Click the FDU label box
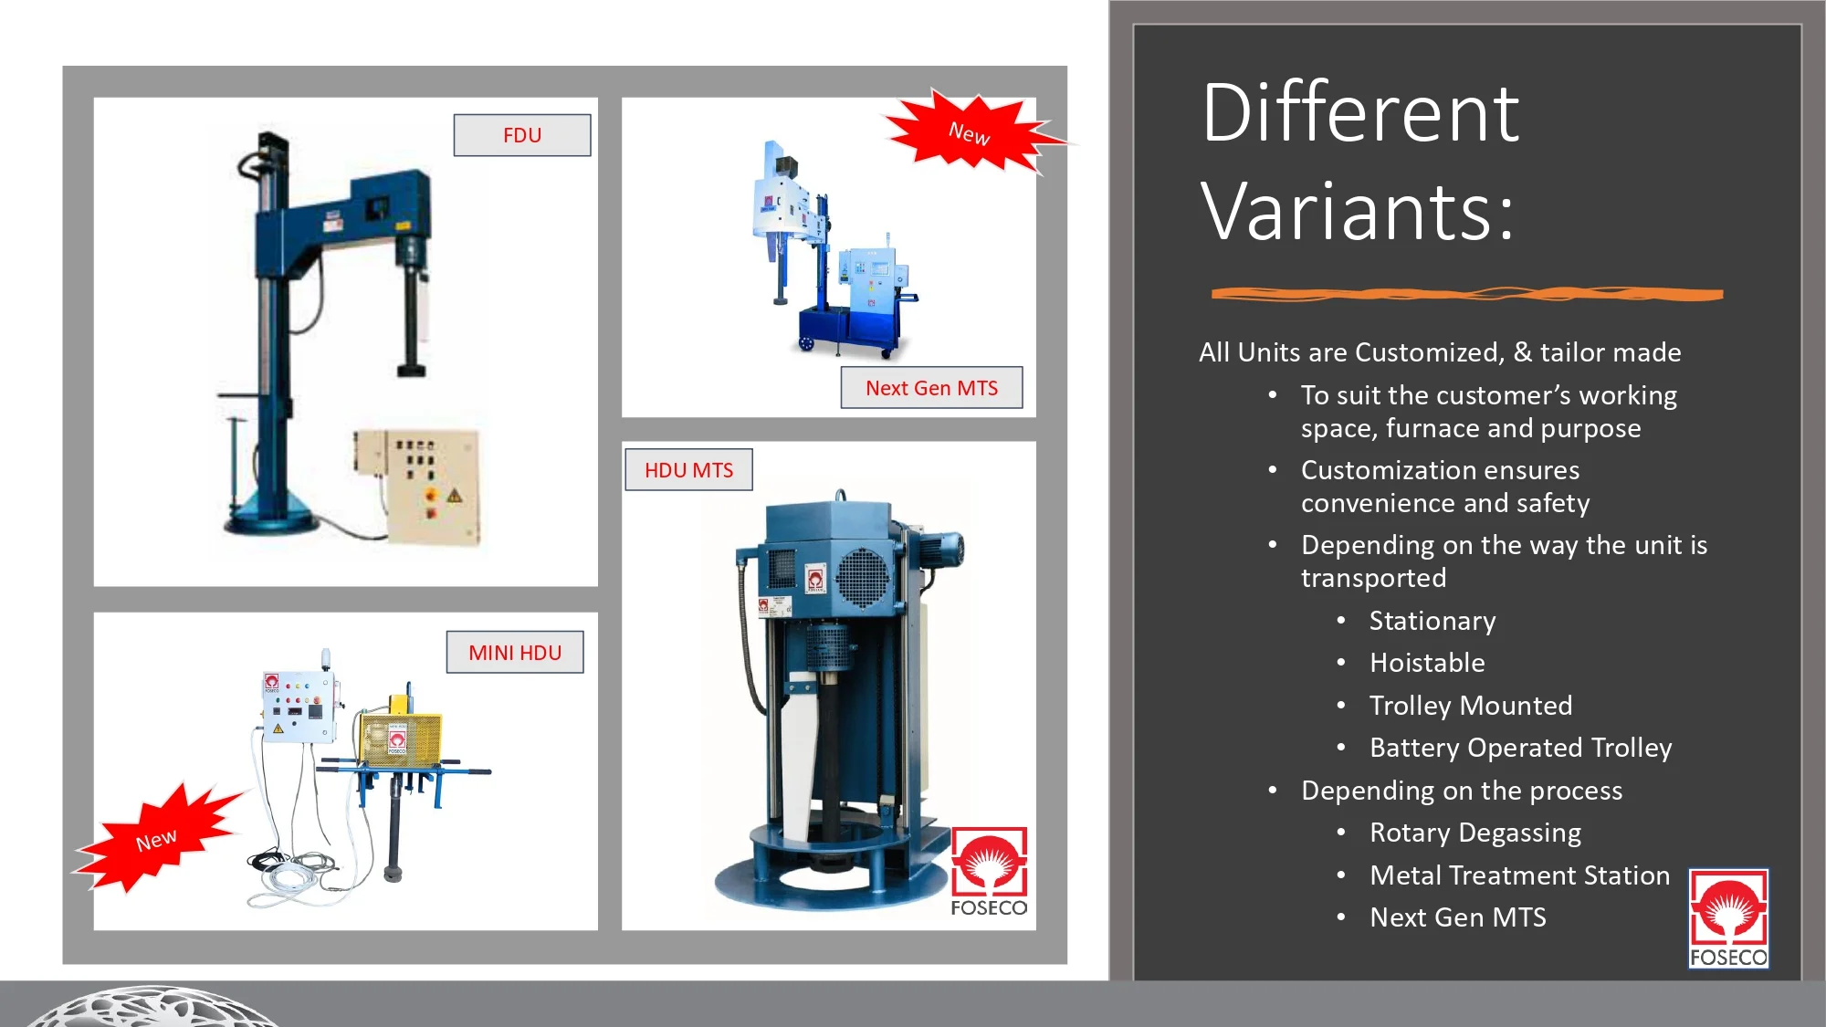point(522,135)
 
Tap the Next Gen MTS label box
point(931,388)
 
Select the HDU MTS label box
point(689,470)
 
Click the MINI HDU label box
point(515,653)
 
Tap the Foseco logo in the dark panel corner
point(1728,918)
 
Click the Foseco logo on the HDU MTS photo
point(989,872)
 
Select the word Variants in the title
point(1357,212)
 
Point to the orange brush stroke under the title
point(1467,294)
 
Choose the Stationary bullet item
point(1432,621)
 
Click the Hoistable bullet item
point(1427,663)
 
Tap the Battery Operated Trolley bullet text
point(1520,748)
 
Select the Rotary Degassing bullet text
point(1475,833)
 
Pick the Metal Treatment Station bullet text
point(1519,875)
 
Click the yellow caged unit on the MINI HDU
point(400,738)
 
